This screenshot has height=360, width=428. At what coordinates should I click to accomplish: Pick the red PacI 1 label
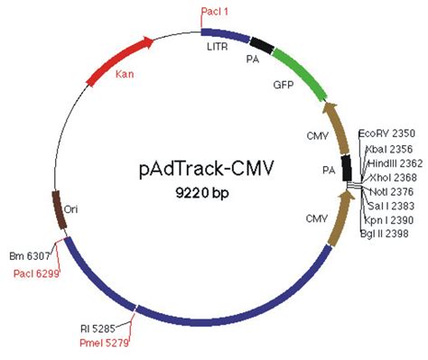[213, 11]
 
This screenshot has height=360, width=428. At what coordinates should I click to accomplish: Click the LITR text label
[218, 44]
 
